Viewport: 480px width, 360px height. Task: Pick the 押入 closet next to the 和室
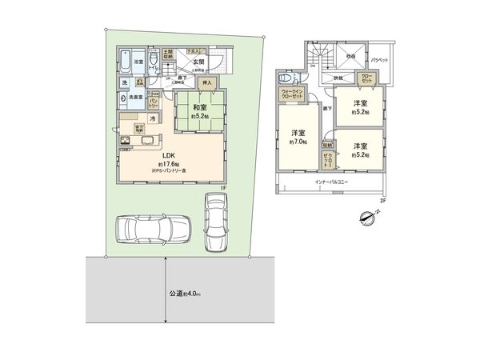(x=206, y=82)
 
